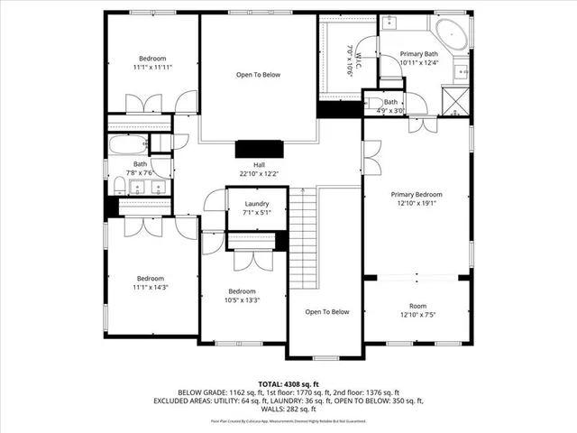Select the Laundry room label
257,204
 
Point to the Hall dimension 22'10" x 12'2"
259,174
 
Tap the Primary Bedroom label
417,194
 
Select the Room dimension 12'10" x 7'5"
417,316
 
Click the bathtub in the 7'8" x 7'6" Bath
127,145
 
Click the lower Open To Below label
326,312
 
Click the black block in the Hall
259,150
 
